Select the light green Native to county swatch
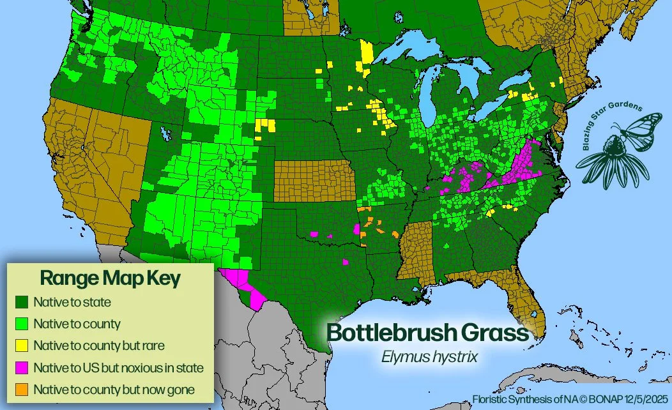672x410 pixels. tap(23, 324)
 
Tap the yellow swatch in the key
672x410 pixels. tap(23, 345)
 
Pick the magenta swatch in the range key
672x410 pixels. tap(23, 368)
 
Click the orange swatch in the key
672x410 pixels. tap(23, 390)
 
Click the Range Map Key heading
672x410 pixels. tap(110, 278)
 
